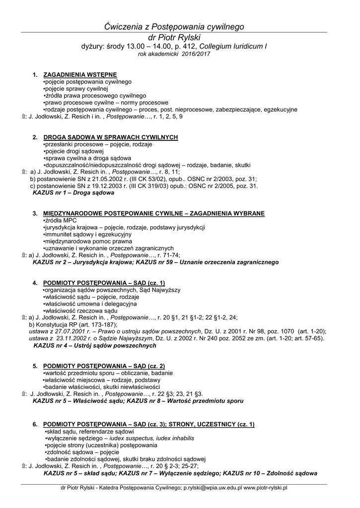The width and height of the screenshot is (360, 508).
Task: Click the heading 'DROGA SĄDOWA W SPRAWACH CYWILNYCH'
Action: [x=110, y=137]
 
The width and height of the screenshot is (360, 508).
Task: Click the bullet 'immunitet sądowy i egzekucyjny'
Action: [x=88, y=234]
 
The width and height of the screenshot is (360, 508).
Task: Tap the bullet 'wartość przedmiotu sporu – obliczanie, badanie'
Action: [x=108, y=373]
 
